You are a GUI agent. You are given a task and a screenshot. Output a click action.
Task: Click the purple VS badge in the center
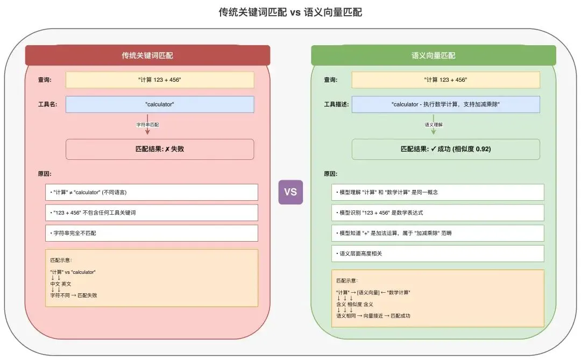coord(290,192)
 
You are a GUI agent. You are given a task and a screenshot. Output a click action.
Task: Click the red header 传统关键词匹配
coord(147,55)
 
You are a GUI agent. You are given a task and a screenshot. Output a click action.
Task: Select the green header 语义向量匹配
coord(433,55)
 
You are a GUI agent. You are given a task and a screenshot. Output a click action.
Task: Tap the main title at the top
coord(290,12)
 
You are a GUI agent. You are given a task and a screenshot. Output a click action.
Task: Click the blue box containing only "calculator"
coord(160,104)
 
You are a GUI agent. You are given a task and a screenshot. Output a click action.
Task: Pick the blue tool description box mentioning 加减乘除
coord(445,104)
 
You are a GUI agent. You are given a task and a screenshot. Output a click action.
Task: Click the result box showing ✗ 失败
coord(160,149)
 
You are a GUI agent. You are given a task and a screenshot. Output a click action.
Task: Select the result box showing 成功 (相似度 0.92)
coord(445,149)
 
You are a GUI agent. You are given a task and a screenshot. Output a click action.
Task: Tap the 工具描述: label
coord(336,104)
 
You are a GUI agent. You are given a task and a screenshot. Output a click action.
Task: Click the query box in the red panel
coord(160,80)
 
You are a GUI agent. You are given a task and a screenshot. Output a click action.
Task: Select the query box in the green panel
coord(445,80)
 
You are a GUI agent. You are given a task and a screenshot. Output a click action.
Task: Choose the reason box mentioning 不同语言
coord(151,192)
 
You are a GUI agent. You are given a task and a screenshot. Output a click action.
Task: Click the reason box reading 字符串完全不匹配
coord(151,233)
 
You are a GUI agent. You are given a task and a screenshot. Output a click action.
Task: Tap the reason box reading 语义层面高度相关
coord(437,253)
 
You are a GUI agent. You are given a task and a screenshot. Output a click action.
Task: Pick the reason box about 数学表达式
coord(437,213)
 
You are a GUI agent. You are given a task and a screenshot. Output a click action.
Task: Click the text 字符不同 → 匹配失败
coord(74,295)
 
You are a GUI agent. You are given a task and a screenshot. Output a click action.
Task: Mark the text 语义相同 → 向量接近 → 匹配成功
coord(373,316)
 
